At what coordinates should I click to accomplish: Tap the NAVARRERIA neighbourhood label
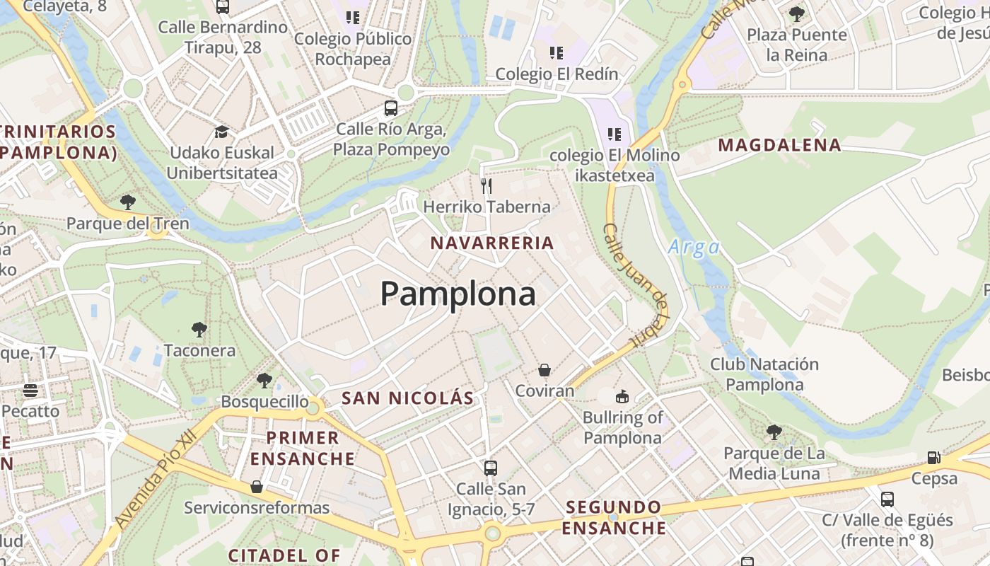pyautogui.click(x=492, y=243)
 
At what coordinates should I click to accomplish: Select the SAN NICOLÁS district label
pyautogui.click(x=407, y=398)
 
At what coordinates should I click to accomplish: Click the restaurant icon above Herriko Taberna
pyautogui.click(x=487, y=185)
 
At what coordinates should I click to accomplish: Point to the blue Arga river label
pyautogui.click(x=694, y=248)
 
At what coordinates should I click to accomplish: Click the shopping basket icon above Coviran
pyautogui.click(x=544, y=370)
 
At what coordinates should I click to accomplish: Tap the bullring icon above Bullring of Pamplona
pyautogui.click(x=622, y=397)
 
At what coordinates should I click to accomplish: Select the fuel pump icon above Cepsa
pyautogui.click(x=933, y=458)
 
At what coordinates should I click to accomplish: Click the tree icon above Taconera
pyautogui.click(x=199, y=329)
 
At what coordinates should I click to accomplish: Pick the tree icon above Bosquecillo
pyautogui.click(x=264, y=381)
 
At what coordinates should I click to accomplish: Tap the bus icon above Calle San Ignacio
pyautogui.click(x=490, y=468)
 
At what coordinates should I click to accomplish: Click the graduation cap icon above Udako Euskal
pyautogui.click(x=221, y=132)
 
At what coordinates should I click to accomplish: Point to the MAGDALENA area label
pyautogui.click(x=780, y=146)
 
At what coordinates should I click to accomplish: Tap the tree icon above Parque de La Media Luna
pyautogui.click(x=774, y=432)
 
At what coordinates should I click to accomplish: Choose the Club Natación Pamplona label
pyautogui.click(x=764, y=374)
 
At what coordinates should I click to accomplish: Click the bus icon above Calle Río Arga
pyautogui.click(x=391, y=108)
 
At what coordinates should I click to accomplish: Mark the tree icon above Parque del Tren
pyautogui.click(x=128, y=202)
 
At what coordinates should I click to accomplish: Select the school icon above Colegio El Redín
pyautogui.click(x=557, y=52)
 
